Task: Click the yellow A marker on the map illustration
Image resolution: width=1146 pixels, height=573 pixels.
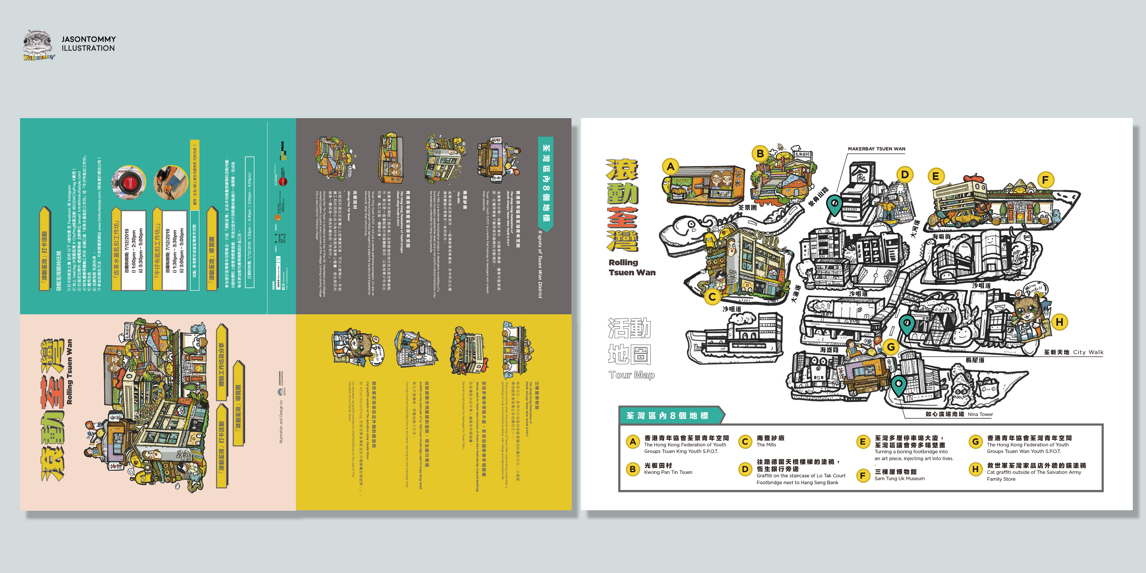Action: point(670,167)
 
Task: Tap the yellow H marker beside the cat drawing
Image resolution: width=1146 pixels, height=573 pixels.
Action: point(1059,322)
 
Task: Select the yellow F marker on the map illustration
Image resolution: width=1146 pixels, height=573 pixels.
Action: point(1045,180)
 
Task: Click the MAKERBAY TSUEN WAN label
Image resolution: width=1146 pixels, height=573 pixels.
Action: point(877,149)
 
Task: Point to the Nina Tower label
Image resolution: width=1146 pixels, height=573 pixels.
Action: point(980,414)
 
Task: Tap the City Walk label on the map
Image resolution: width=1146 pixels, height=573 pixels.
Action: point(1088,352)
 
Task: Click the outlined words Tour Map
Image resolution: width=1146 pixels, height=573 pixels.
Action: point(632,375)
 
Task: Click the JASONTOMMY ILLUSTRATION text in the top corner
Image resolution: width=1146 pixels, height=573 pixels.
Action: point(88,44)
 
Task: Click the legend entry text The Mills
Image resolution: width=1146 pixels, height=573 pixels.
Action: point(766,445)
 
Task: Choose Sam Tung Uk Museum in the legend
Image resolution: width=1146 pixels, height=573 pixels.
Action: point(899,479)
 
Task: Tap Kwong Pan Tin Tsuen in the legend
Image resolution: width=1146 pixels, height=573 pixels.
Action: point(668,472)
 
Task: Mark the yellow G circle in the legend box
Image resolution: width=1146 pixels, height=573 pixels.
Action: point(975,441)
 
